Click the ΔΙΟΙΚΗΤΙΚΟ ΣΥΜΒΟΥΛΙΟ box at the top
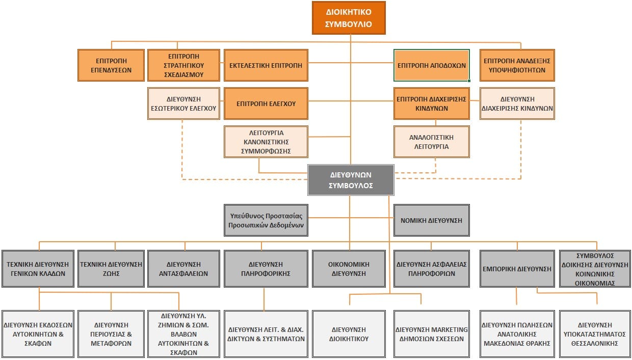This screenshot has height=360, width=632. point(349,18)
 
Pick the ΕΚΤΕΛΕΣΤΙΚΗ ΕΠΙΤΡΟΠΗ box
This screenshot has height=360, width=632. point(266,65)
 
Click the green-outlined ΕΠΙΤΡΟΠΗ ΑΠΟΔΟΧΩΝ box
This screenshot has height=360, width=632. point(431,65)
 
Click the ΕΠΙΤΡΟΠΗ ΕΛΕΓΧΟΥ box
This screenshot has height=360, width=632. point(266,104)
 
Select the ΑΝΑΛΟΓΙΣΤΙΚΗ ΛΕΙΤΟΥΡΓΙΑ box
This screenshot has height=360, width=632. point(431,141)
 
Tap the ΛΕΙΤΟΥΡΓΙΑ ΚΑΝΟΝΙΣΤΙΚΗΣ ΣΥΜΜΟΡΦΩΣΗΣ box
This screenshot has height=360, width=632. point(266,141)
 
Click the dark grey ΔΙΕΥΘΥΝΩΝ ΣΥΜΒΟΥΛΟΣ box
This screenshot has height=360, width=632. point(351,180)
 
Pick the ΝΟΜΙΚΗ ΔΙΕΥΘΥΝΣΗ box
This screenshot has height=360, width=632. point(431,220)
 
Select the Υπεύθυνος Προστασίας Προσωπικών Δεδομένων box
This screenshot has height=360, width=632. point(266,220)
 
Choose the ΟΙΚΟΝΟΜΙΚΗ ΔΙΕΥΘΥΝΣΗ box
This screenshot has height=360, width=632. point(349,269)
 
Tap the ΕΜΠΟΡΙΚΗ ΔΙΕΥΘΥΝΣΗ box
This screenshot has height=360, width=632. point(517,269)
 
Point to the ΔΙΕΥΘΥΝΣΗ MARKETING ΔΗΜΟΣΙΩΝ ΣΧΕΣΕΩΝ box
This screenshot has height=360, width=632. point(431,333)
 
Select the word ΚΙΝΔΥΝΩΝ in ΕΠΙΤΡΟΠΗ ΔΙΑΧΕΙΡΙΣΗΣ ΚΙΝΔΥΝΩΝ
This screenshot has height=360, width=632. point(431,109)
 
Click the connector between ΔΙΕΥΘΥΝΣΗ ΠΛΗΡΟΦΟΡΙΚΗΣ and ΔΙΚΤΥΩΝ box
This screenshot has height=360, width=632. point(264,299)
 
